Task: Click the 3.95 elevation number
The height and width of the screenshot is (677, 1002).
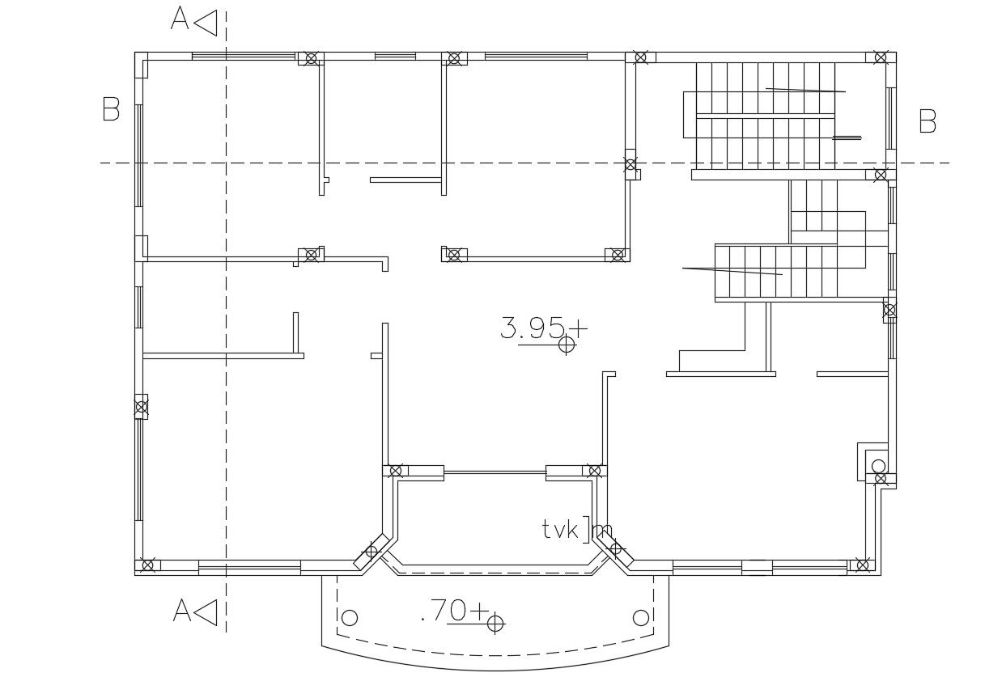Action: [532, 328]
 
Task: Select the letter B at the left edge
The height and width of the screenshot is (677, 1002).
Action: [111, 108]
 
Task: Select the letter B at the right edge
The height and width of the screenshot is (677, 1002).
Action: [928, 121]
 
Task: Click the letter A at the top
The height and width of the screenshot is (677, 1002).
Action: [180, 18]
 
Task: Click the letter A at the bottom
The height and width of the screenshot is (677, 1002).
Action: [182, 611]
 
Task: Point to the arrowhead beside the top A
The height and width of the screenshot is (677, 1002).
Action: [206, 23]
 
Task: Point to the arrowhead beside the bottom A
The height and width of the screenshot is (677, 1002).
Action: [206, 612]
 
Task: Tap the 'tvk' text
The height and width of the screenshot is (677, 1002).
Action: [561, 530]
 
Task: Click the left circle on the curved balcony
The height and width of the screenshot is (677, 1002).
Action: [350, 619]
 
